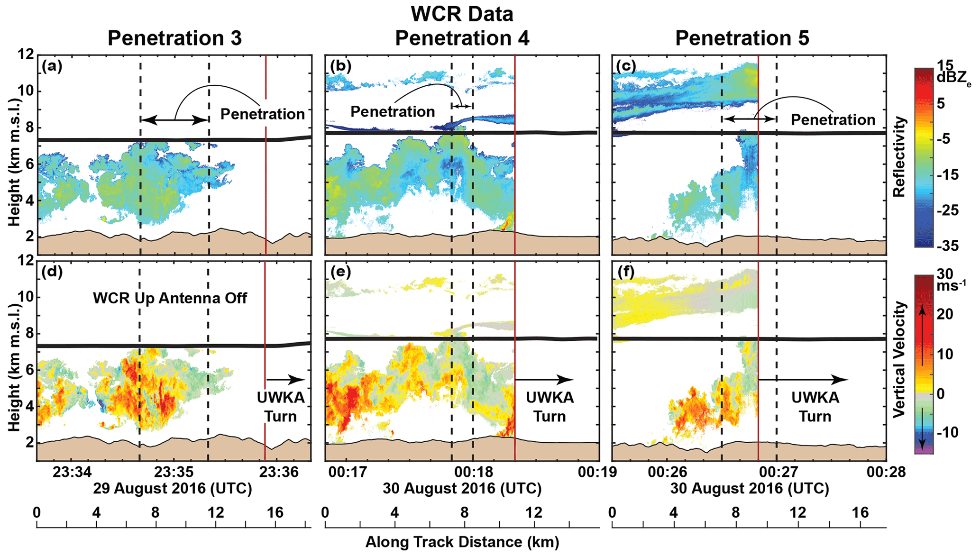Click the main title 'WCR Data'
462,14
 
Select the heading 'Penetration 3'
174,38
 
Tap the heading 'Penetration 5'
742,38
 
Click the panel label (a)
52,66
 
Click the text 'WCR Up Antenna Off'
170,298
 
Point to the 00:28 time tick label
886,472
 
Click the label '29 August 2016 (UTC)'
173,488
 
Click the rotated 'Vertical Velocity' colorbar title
899,359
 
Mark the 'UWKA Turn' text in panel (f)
815,407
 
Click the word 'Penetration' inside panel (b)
393,112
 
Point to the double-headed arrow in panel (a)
175,120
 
